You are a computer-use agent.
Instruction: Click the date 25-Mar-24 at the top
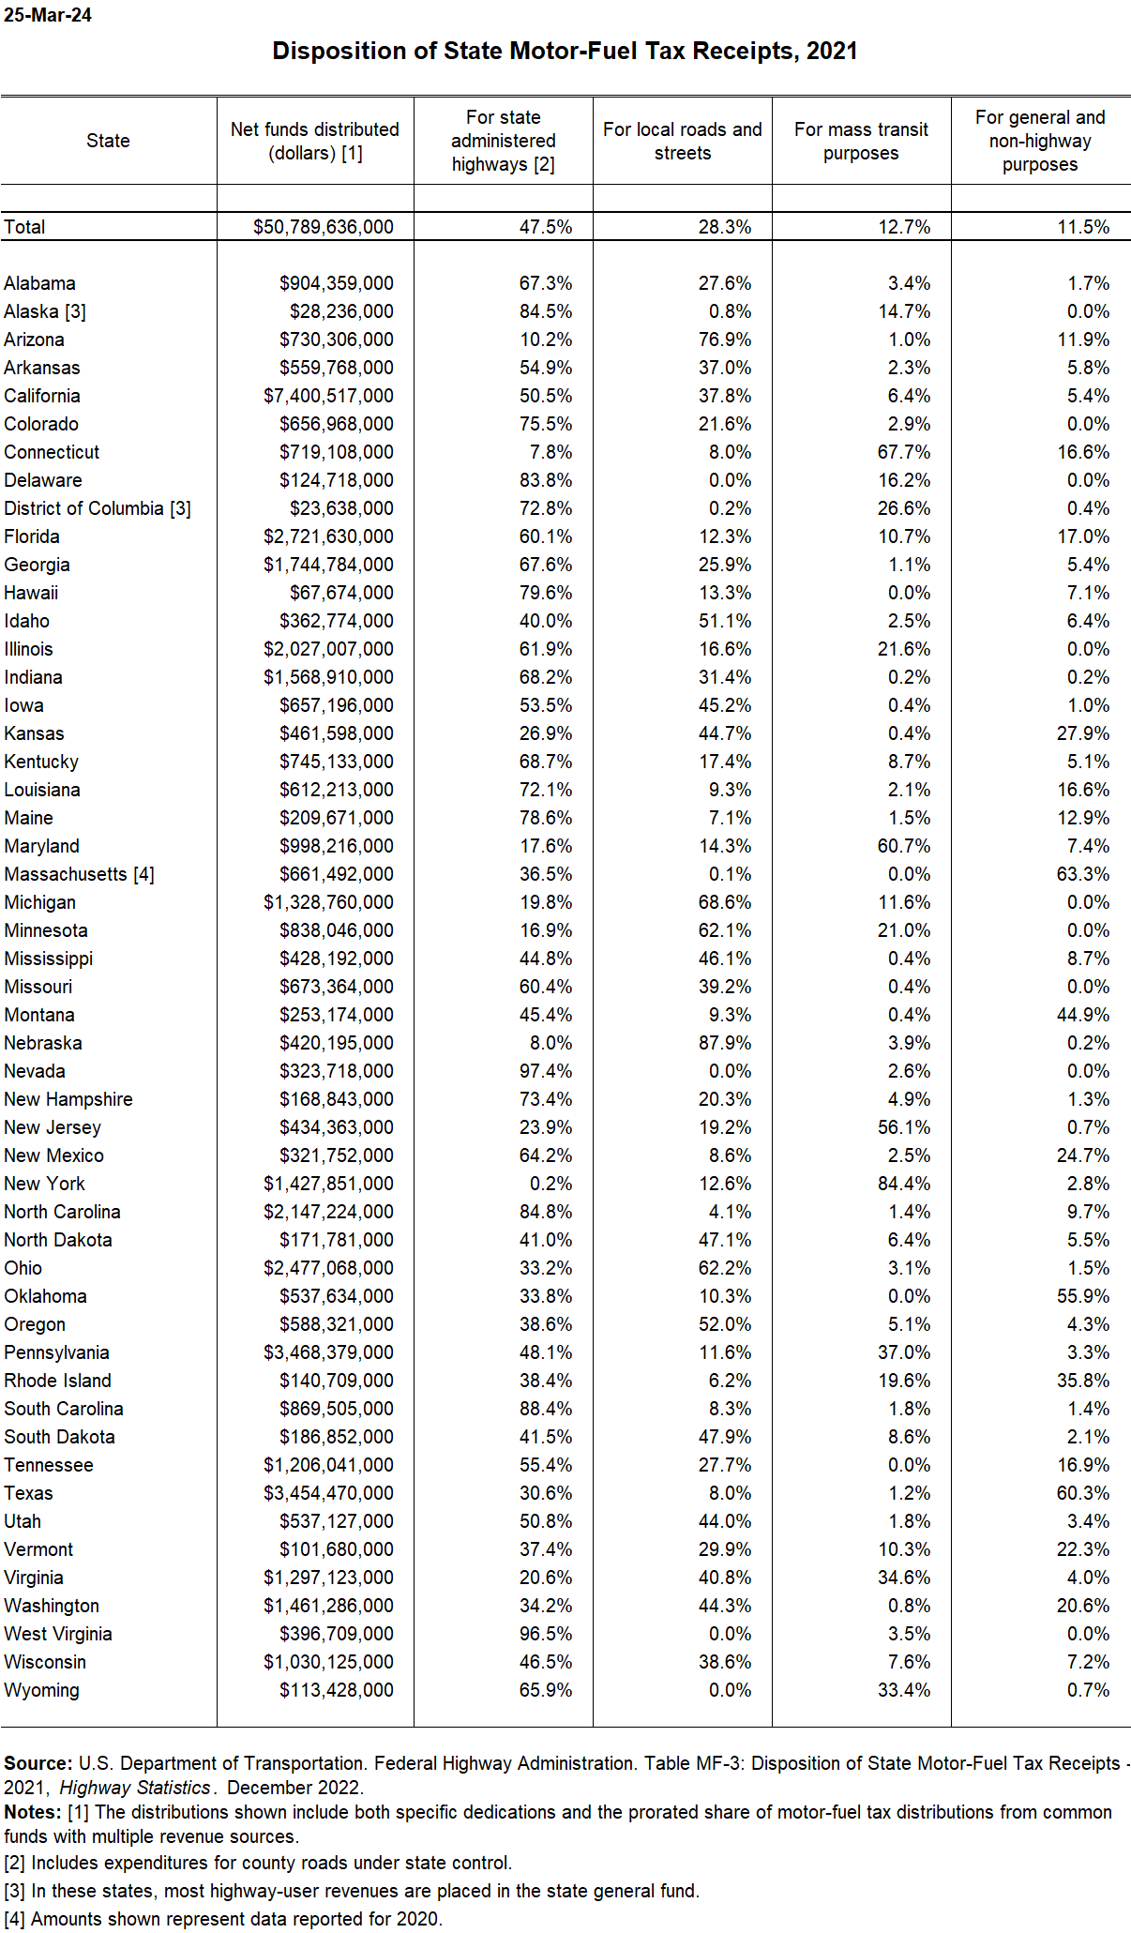pos(48,15)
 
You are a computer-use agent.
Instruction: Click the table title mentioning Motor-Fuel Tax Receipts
pos(565,51)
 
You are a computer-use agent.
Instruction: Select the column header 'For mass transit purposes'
pos(861,141)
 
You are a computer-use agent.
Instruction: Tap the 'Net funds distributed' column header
pos(315,141)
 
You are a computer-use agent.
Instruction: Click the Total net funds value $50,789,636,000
pos(323,227)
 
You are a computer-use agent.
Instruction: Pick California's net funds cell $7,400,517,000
pos(328,396)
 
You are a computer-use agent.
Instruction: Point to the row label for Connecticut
pos(52,452)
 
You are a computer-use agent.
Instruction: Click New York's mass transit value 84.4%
pos(904,1184)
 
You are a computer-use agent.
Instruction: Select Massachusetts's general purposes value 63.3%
pos(1083,874)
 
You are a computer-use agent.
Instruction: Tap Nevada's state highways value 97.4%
pos(546,1071)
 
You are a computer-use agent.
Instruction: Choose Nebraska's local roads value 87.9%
pos(725,1043)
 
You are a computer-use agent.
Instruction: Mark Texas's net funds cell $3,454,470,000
pos(328,1493)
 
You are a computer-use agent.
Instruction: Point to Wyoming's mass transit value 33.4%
pos(904,1690)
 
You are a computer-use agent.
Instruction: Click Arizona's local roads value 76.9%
pos(725,340)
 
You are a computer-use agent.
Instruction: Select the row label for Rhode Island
pos(57,1381)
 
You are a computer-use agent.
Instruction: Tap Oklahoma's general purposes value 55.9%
pos(1083,1296)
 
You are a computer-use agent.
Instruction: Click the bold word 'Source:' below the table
pos(38,1763)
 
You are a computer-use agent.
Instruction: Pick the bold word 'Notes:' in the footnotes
pos(33,1812)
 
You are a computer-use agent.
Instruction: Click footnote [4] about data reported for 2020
pos(223,1919)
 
